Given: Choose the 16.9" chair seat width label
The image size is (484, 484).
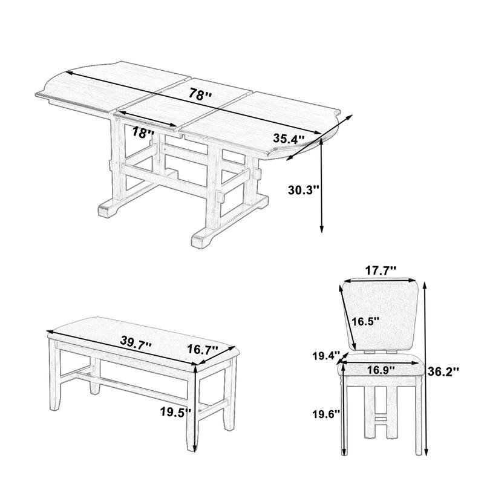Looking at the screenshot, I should pyautogui.click(x=381, y=368).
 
